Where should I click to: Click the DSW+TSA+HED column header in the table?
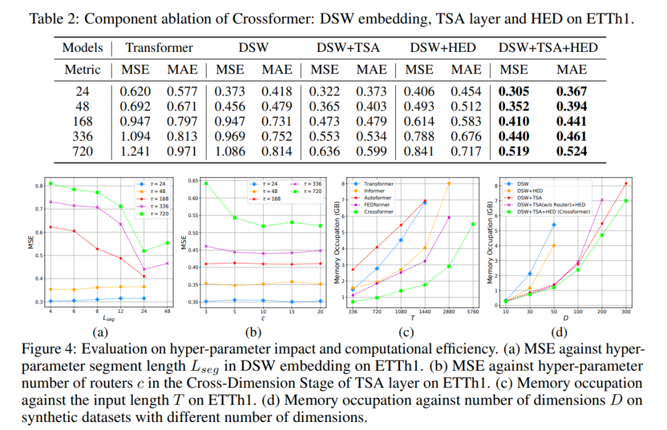(548, 48)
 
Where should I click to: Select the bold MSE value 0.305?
(514, 91)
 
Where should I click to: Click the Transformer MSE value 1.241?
(135, 151)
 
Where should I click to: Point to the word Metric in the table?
(82, 70)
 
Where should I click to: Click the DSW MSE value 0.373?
(230, 91)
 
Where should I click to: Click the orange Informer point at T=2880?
(449, 183)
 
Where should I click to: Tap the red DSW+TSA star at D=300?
(626, 183)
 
